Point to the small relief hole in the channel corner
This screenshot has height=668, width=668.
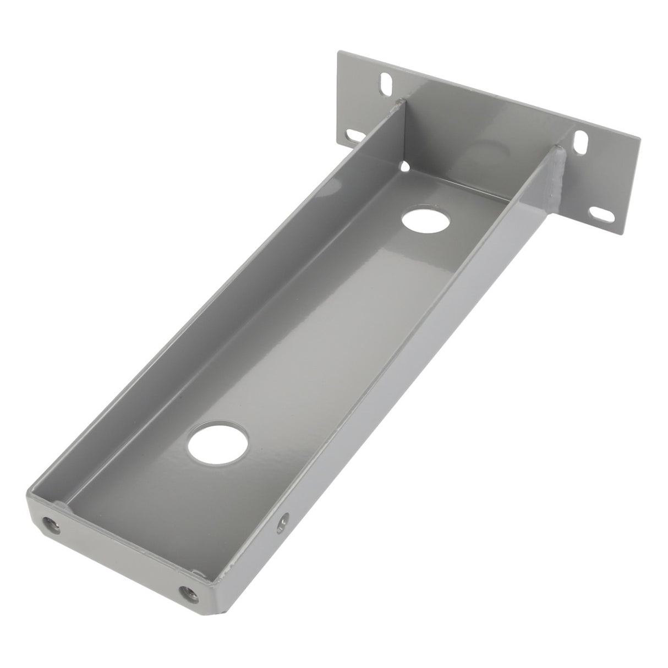pyautogui.click(x=406, y=165)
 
